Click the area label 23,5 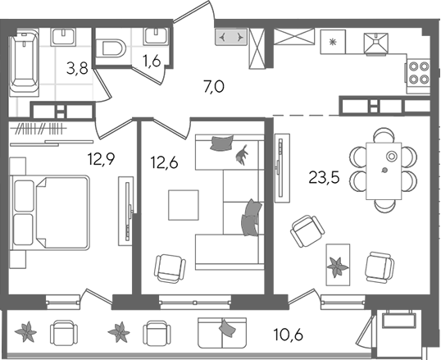tap(324, 178)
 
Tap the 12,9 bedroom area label tap(101, 159)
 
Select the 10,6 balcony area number tap(289, 335)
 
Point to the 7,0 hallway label tap(214, 87)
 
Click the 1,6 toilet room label tap(152, 61)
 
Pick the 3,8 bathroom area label tap(77, 68)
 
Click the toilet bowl tap(111, 48)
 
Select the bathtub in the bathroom tap(24, 62)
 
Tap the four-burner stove tap(418, 73)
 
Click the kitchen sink tap(376, 43)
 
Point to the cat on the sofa tap(242, 154)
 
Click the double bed tap(50, 212)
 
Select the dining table tap(384, 171)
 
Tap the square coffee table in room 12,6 tap(184, 205)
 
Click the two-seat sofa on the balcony tap(222, 333)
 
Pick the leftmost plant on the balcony tap(25, 332)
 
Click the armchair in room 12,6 tap(170, 268)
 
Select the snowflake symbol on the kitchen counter tap(333, 42)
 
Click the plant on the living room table tap(337, 267)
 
